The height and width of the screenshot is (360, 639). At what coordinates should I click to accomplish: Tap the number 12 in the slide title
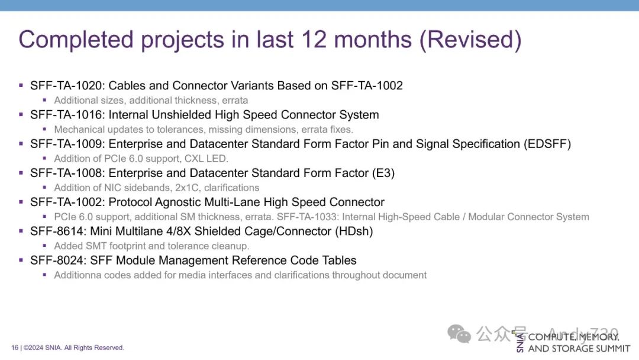pyautogui.click(x=314, y=40)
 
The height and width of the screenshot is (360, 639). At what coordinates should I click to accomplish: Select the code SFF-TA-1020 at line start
pyautogui.click(x=67, y=86)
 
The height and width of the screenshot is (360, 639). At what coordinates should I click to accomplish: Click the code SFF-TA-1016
pyautogui.click(x=67, y=115)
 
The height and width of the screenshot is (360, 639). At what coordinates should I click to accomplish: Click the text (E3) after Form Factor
pyautogui.click(x=383, y=173)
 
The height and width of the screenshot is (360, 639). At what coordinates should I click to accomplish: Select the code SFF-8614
pyautogui.click(x=57, y=231)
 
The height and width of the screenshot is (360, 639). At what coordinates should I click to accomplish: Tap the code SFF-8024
pyautogui.click(x=57, y=261)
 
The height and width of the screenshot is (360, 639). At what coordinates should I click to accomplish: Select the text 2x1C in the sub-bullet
pyautogui.click(x=187, y=188)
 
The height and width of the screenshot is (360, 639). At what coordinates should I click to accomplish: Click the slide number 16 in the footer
pyautogui.click(x=15, y=348)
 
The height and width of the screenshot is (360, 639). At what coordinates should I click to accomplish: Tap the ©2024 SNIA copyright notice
pyautogui.click(x=74, y=348)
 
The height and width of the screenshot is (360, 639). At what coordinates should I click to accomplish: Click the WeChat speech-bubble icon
pyautogui.click(x=459, y=334)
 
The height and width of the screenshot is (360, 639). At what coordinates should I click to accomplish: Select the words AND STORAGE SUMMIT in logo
pyautogui.click(x=579, y=349)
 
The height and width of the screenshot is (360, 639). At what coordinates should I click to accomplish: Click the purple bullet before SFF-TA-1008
pyautogui.click(x=21, y=173)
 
